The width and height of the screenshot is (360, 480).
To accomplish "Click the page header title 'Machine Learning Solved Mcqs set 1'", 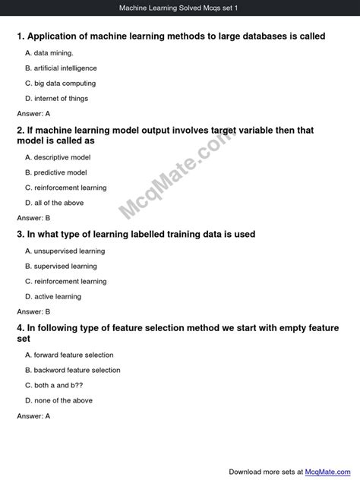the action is [x=179, y=8].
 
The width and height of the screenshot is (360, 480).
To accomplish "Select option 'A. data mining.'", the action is [x=49, y=53].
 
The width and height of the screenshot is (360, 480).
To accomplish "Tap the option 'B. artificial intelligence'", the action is [x=61, y=68].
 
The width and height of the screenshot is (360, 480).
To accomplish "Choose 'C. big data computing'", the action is [x=60, y=84].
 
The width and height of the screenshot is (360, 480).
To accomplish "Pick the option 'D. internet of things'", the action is [x=56, y=99].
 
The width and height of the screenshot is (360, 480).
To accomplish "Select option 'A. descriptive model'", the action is [x=58, y=157].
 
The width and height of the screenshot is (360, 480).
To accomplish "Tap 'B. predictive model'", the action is [x=56, y=172].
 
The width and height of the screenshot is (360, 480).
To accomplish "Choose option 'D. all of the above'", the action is [x=55, y=203].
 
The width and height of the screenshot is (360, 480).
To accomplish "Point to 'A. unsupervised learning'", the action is [x=65, y=251].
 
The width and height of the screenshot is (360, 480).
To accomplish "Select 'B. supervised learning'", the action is [x=61, y=267].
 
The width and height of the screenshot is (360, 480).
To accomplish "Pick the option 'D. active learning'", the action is [x=53, y=297].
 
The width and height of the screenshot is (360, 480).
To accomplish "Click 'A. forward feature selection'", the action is [x=69, y=355].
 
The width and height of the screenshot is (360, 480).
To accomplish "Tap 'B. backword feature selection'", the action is [x=73, y=371].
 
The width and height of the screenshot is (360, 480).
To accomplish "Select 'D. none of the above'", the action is [x=58, y=401].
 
